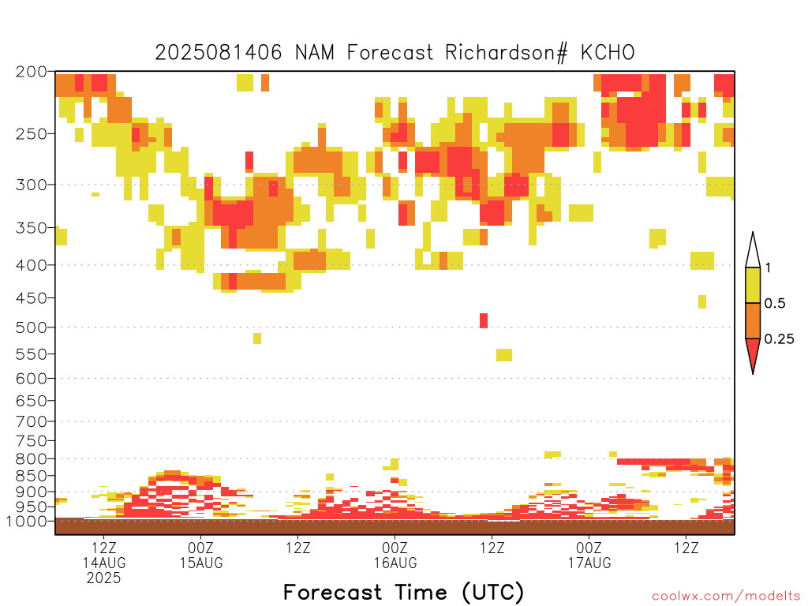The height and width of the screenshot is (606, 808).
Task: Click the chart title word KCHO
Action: coord(608,53)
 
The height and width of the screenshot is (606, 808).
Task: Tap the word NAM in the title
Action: coord(314,53)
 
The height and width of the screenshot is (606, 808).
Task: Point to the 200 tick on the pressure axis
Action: coord(31,72)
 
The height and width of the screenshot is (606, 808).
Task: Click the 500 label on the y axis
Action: coord(31,327)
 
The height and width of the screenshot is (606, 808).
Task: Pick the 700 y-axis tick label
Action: coord(31,421)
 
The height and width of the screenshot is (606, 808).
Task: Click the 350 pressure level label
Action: coord(31,228)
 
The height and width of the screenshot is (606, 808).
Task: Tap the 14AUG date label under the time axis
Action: coord(104,563)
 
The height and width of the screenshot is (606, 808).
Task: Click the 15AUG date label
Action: coord(201,563)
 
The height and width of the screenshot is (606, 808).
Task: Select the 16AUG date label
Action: coord(395,563)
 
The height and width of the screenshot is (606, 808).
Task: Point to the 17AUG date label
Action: coord(589,563)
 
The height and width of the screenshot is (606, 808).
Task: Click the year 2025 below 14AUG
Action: coord(103,578)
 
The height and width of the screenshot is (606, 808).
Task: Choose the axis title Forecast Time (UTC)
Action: coord(403,593)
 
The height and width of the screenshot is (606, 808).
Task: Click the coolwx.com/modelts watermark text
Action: coord(727,597)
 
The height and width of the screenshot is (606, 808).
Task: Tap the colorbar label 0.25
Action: coord(779,339)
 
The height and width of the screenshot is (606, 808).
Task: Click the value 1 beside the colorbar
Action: coord(768,267)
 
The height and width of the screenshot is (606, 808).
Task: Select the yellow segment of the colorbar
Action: coord(753,285)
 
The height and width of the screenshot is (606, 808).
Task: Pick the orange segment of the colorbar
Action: coord(753,320)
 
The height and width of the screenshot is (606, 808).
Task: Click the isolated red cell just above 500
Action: coord(484,320)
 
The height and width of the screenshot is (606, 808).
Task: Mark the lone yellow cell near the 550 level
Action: coord(504,355)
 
